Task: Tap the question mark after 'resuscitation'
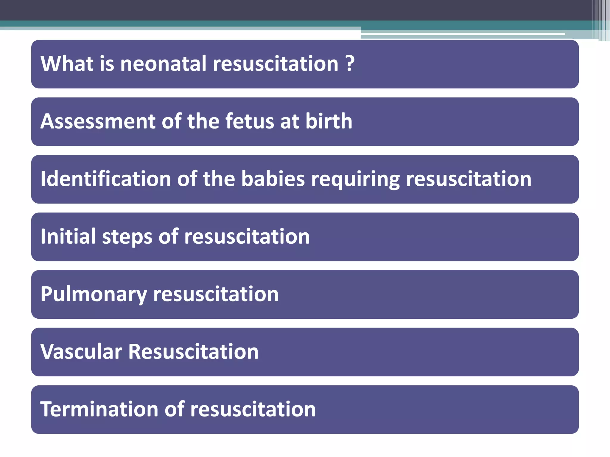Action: (x=350, y=64)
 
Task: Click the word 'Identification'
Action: (x=106, y=179)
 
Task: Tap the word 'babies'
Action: (x=273, y=179)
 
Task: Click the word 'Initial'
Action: (x=68, y=237)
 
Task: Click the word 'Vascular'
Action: (x=81, y=352)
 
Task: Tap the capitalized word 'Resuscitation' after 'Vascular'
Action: (x=193, y=352)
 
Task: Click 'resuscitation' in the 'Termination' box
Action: (x=253, y=409)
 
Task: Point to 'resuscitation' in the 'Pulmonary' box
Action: (x=216, y=294)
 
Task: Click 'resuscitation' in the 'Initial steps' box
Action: (x=247, y=237)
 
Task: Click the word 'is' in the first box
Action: (x=107, y=64)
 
